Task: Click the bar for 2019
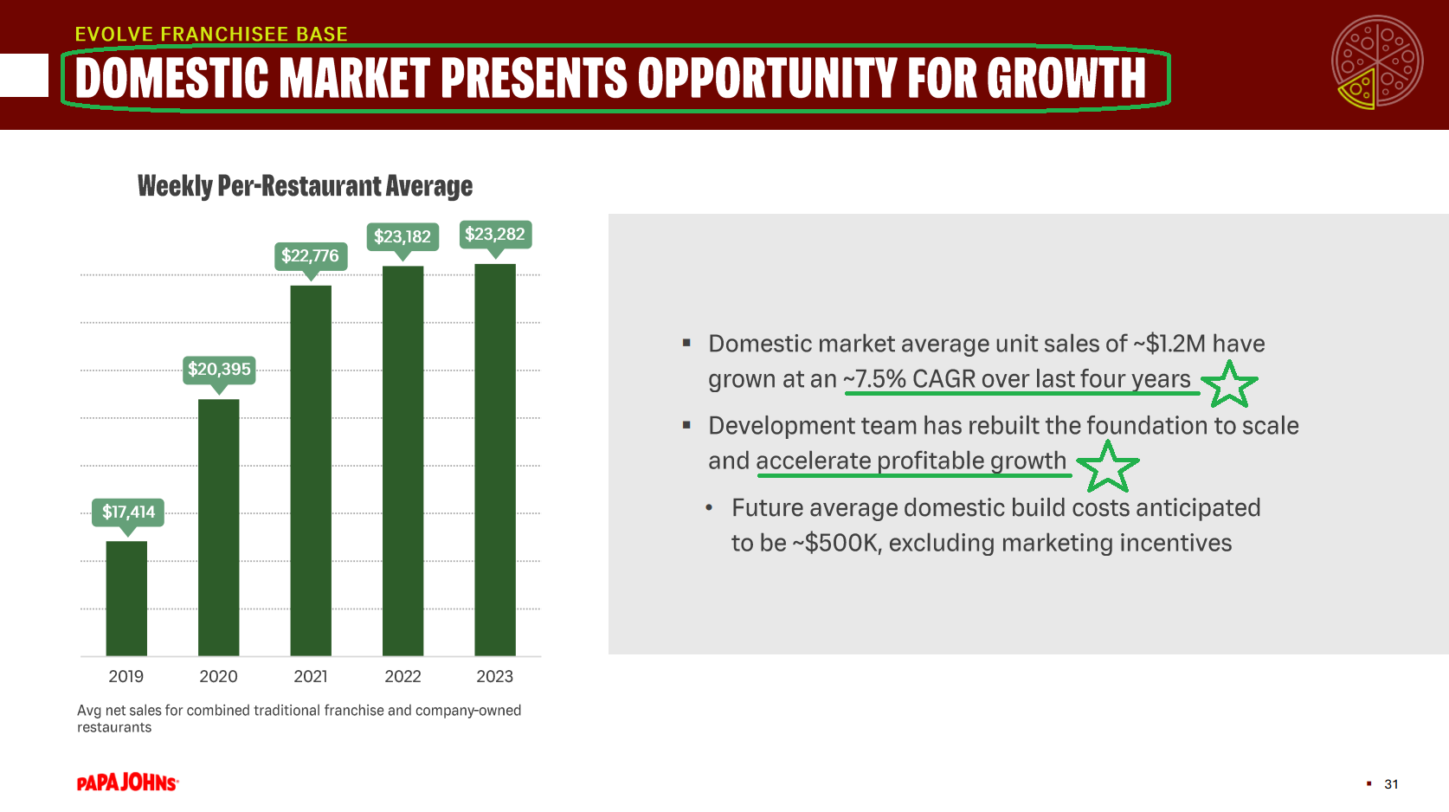(126, 598)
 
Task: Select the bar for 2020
(218, 527)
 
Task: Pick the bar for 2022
(402, 461)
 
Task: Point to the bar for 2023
(495, 460)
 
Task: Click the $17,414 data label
(128, 512)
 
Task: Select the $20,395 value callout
(219, 369)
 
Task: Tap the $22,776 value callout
(310, 255)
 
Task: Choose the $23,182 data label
(402, 236)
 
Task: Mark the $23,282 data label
(495, 234)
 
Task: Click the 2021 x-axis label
(311, 676)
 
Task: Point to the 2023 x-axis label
(495, 676)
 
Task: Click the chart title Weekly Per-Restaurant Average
(305, 186)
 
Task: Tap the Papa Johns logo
(128, 783)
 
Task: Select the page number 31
(1391, 784)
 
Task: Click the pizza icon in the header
(1377, 62)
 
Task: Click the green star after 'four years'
(1229, 384)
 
